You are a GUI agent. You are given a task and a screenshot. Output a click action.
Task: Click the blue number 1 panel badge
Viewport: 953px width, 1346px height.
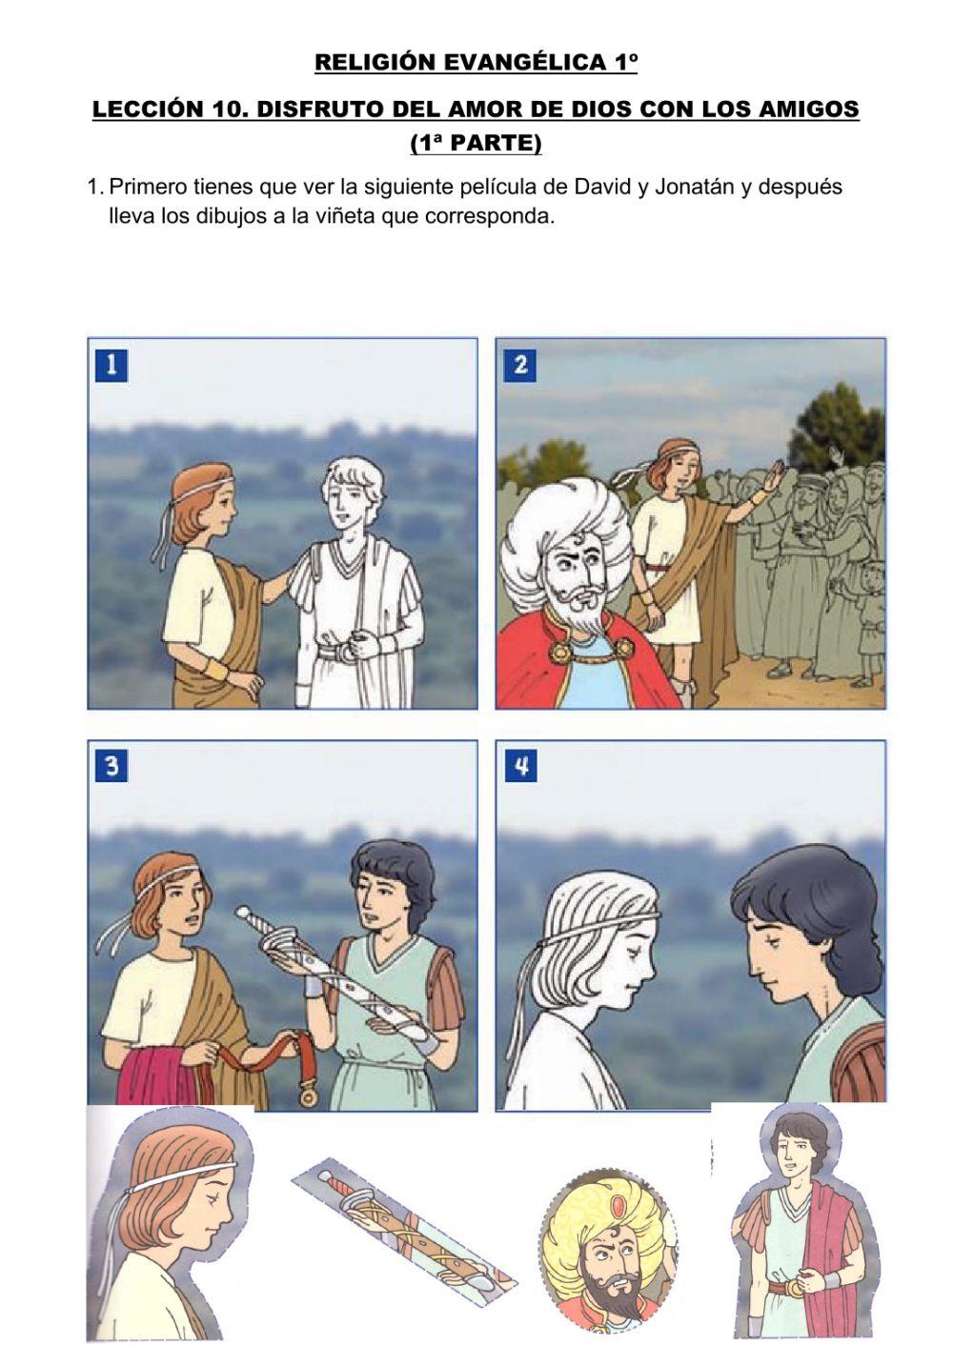[112, 366]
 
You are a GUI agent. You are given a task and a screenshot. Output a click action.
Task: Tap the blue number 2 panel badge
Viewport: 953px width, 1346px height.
[520, 366]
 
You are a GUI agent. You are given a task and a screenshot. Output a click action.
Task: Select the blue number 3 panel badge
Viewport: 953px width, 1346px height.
[112, 768]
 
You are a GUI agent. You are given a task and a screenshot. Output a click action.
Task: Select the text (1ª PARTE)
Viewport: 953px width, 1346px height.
[476, 143]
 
